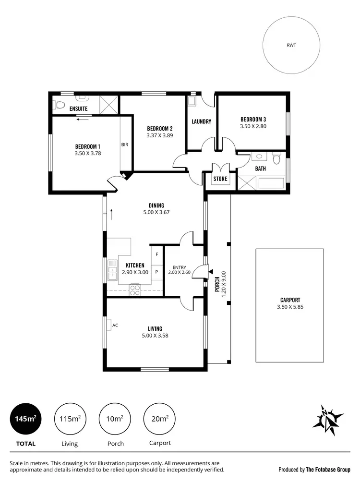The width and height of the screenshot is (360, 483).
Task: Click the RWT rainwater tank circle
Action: tap(291, 46)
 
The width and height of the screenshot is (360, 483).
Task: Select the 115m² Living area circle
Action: tap(70, 419)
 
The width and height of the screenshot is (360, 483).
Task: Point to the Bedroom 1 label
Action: tap(87, 146)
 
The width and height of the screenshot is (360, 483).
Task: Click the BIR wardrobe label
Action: tap(124, 145)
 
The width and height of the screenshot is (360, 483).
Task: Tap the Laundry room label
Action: tap(201, 121)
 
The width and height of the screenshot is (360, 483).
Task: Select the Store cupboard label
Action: tap(220, 179)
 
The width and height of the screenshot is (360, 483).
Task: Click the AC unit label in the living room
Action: tap(115, 325)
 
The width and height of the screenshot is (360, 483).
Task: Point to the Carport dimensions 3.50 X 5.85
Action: tap(289, 307)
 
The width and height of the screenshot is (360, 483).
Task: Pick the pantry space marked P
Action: tap(157, 271)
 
